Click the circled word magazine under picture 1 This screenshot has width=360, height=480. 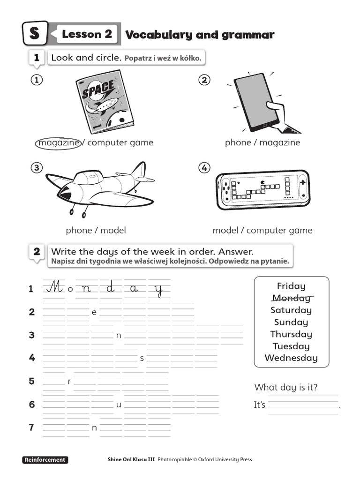pos(57,142)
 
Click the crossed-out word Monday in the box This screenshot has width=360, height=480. pos(291,298)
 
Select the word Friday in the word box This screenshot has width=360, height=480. pos(291,286)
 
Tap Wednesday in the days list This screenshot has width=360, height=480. pos(291,358)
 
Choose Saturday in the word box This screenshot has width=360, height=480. pos(291,310)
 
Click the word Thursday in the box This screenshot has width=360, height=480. pos(291,334)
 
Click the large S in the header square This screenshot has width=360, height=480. pos(35,34)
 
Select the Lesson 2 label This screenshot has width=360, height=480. pos(87,34)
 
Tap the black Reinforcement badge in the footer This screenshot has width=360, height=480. pos(45,460)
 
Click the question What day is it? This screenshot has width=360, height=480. pos(286,387)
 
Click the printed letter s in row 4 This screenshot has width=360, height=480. pos(142,359)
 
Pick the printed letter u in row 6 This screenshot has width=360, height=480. pos(119,405)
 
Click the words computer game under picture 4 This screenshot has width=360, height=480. pos(279,230)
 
